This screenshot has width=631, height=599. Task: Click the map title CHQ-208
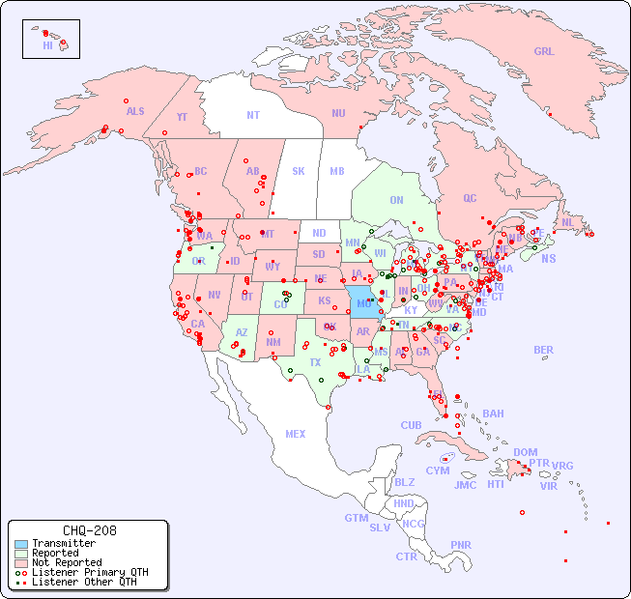pyautogui.click(x=89, y=530)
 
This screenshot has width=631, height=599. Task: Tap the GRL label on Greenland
pyautogui.click(x=544, y=52)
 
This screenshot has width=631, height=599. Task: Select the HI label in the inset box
pyautogui.click(x=47, y=45)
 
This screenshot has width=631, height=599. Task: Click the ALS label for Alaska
pyautogui.click(x=135, y=111)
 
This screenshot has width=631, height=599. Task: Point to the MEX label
pyautogui.click(x=296, y=434)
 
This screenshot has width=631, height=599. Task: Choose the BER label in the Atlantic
pyautogui.click(x=544, y=350)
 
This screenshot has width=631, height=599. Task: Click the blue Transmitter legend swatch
pyautogui.click(x=20, y=544)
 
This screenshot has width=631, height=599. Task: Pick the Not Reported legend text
pyautogui.click(x=67, y=562)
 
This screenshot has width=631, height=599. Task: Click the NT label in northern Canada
pyautogui.click(x=253, y=115)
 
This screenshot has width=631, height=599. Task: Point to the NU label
pyautogui.click(x=338, y=113)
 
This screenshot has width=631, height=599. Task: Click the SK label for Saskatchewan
pyautogui.click(x=299, y=171)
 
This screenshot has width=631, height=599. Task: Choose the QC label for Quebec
pyautogui.click(x=470, y=198)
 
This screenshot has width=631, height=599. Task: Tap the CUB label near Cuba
pyautogui.click(x=412, y=425)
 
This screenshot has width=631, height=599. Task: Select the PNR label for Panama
pyautogui.click(x=461, y=545)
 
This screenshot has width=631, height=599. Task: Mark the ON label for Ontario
pyautogui.click(x=396, y=200)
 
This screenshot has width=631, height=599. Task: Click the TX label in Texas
pyautogui.click(x=315, y=362)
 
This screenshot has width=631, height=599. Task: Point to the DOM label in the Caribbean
pyautogui.click(x=525, y=452)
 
